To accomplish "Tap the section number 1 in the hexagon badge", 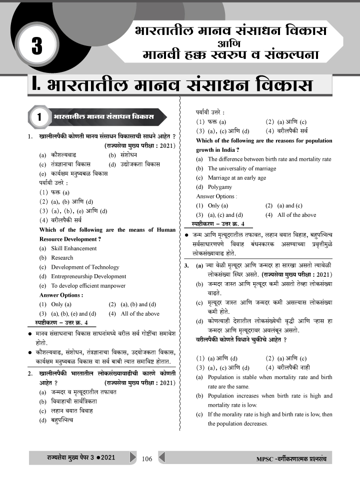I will click(x=39, y=117).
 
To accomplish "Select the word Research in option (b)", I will click(x=62, y=258).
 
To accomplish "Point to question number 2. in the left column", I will click(x=30, y=374).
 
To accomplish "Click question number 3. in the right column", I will click(x=186, y=266).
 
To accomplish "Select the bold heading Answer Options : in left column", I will click(x=61, y=295).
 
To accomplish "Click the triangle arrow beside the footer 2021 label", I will click(x=133, y=458).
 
